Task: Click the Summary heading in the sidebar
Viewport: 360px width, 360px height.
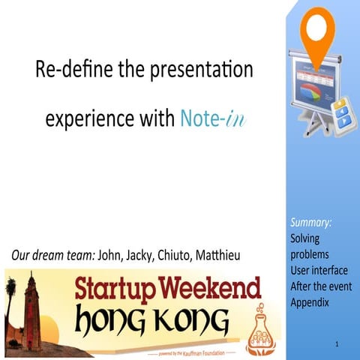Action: [311, 223]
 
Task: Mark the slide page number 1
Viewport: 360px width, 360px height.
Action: [338, 343]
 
